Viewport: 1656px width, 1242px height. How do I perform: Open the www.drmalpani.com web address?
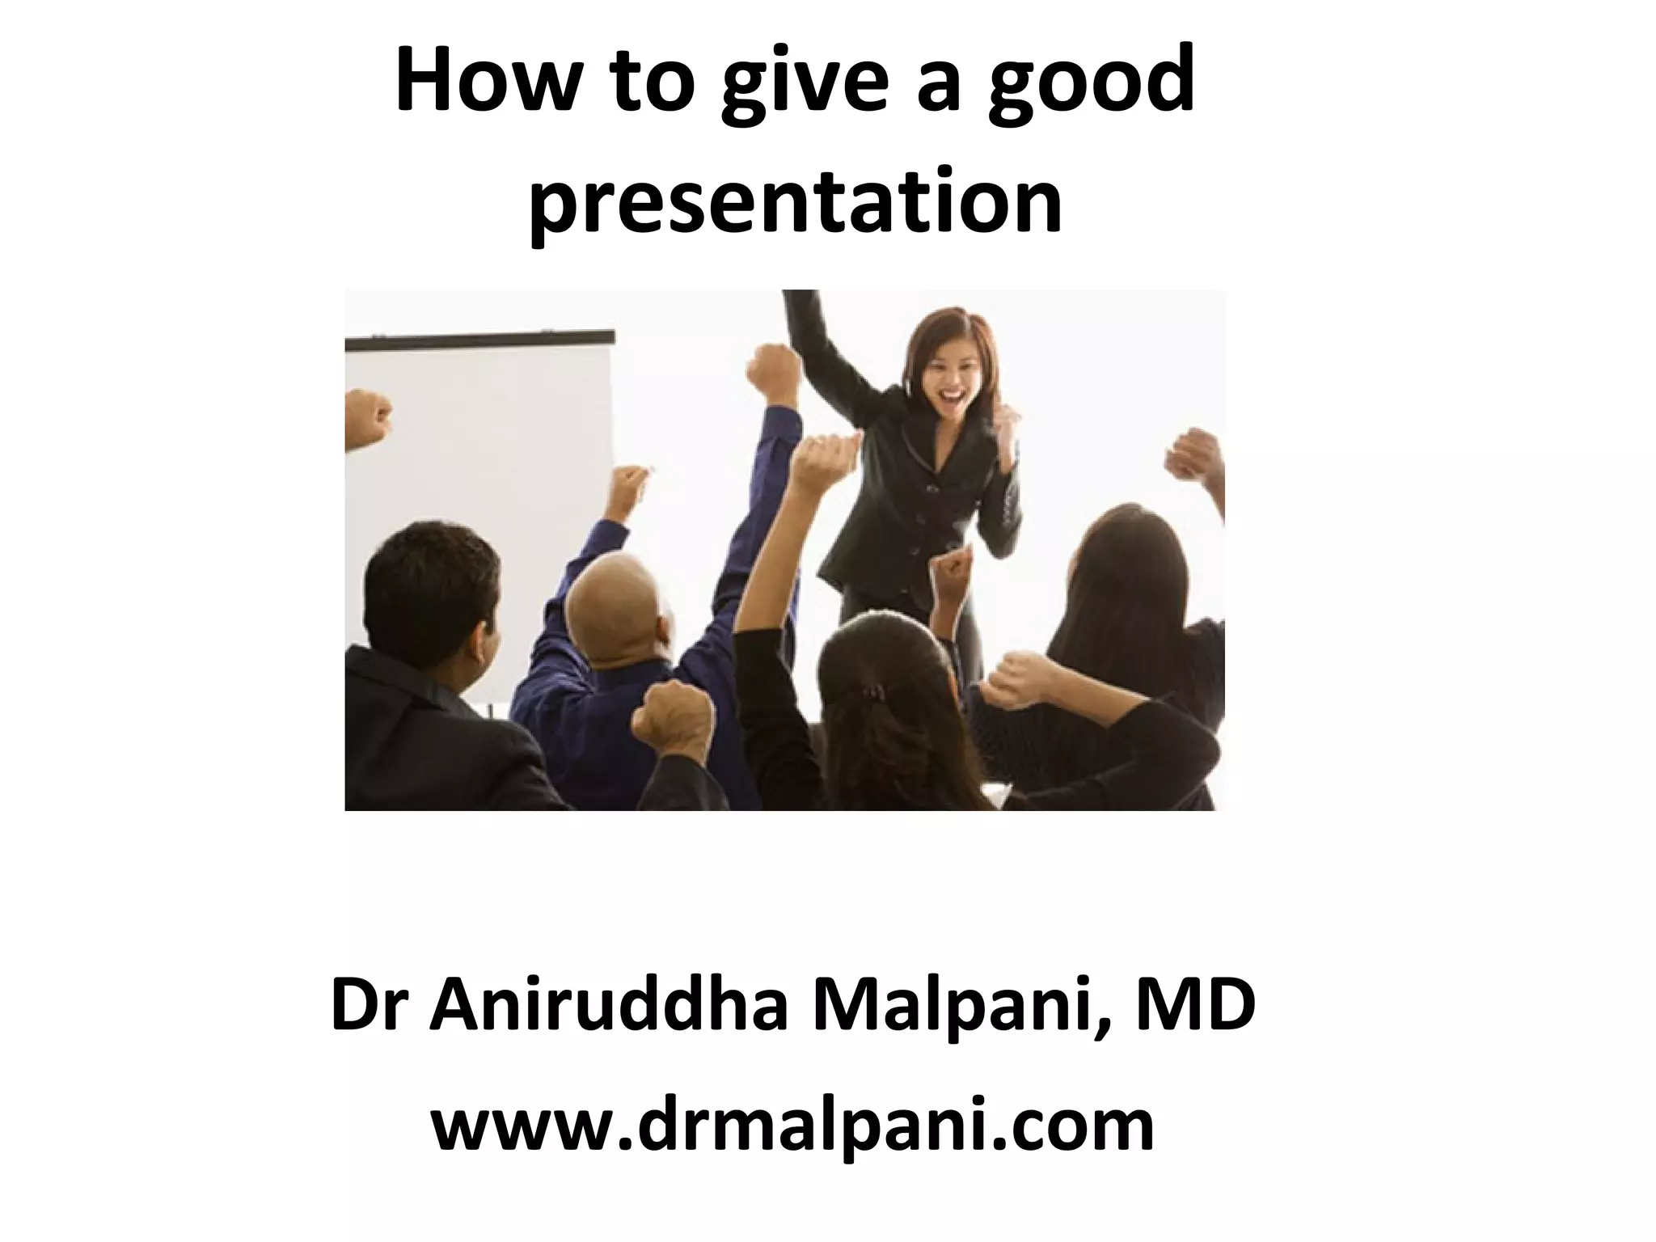point(792,1126)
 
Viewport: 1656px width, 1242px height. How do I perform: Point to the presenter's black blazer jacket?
point(922,501)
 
